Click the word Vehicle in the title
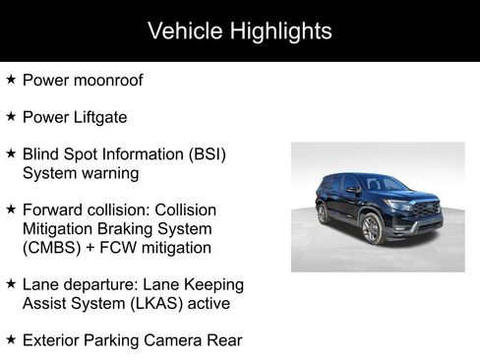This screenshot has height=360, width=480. coord(183,30)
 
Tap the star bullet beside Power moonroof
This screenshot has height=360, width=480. coord(11,79)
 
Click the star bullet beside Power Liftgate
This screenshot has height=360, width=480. coord(11,115)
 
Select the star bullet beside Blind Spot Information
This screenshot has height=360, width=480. coord(11,153)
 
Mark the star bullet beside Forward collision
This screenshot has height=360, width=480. coord(11,210)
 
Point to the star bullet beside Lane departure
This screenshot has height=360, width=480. coord(11,283)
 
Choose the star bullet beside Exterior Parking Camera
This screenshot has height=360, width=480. coord(11,339)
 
